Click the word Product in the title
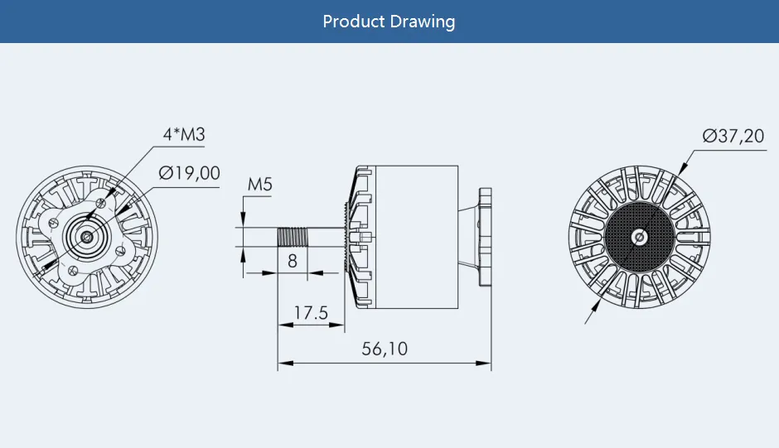pos(354,22)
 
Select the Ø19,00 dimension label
pos(190,173)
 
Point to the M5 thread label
pos(260,185)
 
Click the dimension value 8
pos(293,261)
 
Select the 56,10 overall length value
pos(385,349)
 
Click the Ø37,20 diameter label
pos(733,136)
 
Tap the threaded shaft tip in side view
pos(293,236)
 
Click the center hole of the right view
pos(638,238)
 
